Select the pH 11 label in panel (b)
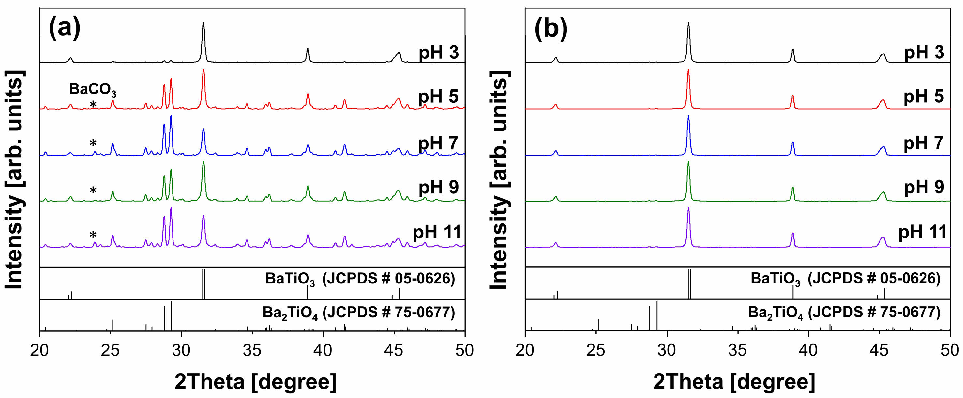pos(922,232)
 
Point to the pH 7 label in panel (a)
pos(438,143)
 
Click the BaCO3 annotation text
pos(93,90)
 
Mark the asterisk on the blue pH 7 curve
pos(93,143)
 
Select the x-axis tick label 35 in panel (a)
pos(252,350)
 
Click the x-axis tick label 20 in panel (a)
pos(40,350)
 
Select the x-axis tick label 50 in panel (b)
pos(950,350)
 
